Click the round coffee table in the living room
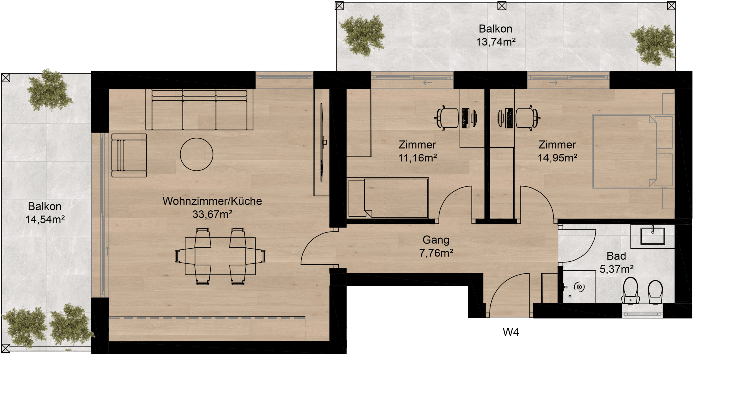click(196, 154)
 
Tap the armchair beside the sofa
click(129, 155)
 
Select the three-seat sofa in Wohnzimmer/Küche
click(199, 110)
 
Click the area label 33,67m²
click(212, 214)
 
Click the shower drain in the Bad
click(579, 287)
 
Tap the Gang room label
click(436, 240)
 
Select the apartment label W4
click(511, 332)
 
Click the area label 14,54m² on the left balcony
click(45, 219)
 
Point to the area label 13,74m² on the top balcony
click(496, 42)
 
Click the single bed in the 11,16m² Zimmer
click(388, 198)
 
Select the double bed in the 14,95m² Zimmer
click(633, 151)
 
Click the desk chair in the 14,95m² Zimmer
click(528, 118)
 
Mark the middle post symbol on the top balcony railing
click(502, 6)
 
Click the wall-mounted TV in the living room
click(322, 142)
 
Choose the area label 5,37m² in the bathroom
click(617, 269)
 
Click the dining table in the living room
click(220, 256)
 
